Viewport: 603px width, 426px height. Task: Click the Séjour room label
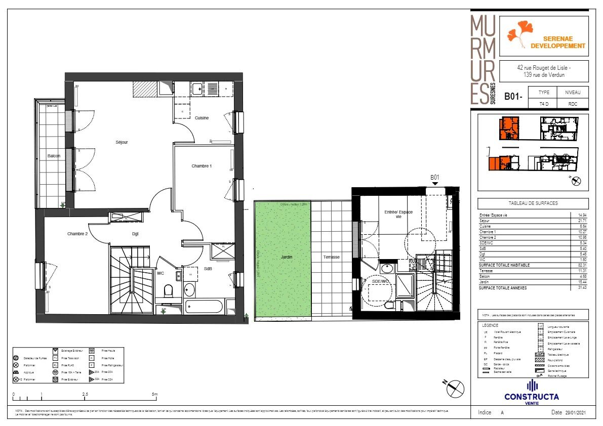[122, 142]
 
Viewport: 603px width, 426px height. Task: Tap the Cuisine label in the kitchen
[202, 118]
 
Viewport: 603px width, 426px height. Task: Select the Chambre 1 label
[202, 166]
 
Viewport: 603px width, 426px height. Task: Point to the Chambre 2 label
[77, 234]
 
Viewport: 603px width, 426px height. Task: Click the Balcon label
[54, 156]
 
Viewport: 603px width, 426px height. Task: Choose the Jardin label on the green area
[287, 257]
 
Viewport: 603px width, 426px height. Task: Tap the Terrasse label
[332, 257]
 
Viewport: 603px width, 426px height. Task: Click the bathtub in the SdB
[204, 307]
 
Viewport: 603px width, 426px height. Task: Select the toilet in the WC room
[170, 291]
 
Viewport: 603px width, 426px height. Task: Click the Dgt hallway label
[135, 234]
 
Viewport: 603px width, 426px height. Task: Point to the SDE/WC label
[380, 281]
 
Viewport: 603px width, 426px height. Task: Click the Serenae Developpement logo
[544, 36]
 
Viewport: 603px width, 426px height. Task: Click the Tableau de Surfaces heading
[533, 203]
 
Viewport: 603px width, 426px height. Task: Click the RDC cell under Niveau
[573, 104]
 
